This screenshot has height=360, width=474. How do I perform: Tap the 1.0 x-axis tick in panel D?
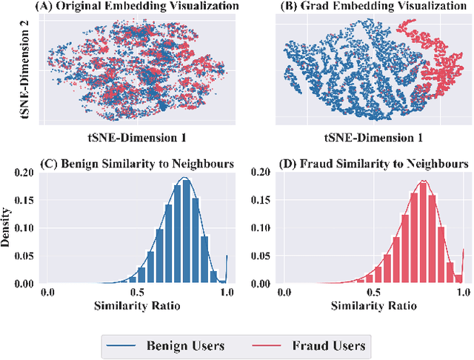click(460, 293)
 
